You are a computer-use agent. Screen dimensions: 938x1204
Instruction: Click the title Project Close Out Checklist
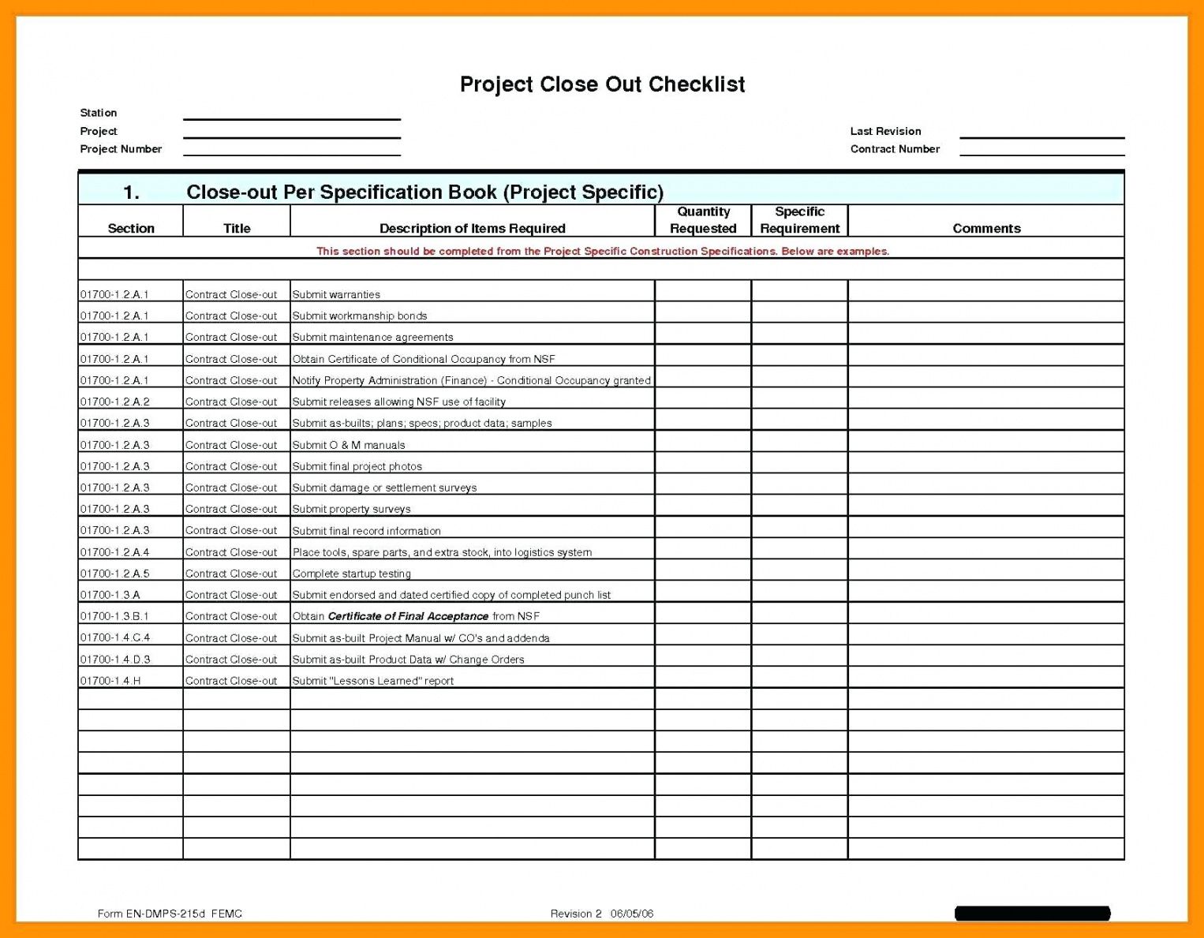[x=602, y=84]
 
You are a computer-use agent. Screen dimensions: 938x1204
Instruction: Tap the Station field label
[x=99, y=113]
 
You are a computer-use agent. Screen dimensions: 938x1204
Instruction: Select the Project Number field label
[x=121, y=149]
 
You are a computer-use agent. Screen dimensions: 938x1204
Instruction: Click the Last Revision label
[x=885, y=131]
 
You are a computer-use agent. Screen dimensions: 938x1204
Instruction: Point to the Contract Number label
[x=895, y=149]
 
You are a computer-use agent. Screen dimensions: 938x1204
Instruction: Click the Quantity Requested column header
[x=703, y=220]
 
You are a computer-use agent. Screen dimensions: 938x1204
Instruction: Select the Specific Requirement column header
[x=799, y=220]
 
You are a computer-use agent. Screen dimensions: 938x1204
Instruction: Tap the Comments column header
[x=986, y=229]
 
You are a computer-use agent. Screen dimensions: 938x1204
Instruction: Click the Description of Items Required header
[x=472, y=229]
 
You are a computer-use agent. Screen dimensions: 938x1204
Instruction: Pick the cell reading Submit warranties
[x=336, y=295]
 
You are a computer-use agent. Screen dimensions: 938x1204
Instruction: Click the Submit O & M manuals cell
[x=349, y=446]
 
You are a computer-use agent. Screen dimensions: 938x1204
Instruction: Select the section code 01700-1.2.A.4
[x=114, y=553]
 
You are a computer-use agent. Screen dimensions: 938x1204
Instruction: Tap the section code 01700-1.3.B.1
[x=114, y=617]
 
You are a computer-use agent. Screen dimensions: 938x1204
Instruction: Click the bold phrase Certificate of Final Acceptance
[x=408, y=617]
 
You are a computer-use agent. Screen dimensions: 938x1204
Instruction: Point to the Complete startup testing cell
[x=351, y=574]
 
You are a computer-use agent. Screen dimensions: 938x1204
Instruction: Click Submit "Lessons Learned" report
[x=372, y=682]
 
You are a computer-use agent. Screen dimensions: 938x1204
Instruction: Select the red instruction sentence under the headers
[x=602, y=252]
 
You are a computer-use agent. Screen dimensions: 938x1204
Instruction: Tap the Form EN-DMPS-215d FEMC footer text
[x=170, y=914]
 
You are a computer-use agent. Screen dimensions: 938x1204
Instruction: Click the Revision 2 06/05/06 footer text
[x=602, y=914]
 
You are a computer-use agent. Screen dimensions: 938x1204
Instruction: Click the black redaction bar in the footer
[x=1032, y=914]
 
